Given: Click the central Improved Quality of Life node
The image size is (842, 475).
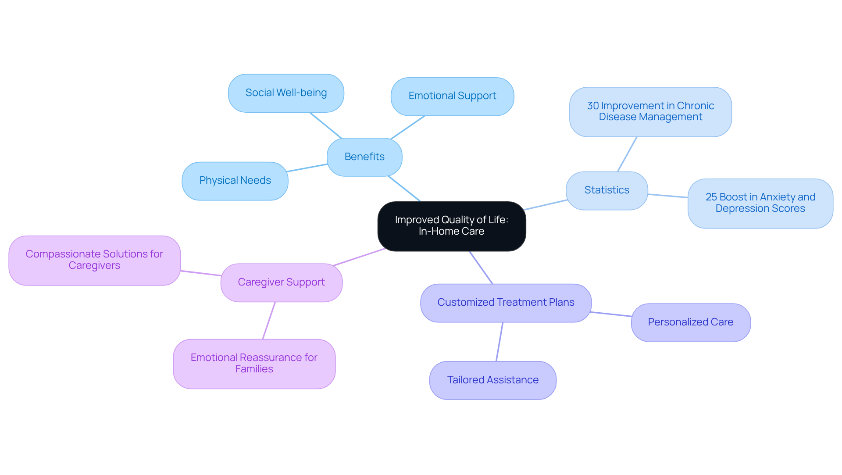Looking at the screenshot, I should click(451, 226).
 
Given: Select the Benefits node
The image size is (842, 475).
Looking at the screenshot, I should click(364, 157).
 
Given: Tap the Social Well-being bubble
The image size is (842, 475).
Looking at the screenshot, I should click(286, 93).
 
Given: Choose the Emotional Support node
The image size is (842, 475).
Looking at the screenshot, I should click(452, 96).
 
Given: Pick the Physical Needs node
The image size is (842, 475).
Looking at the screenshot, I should click(235, 181).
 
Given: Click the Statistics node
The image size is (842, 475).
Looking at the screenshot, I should click(607, 190).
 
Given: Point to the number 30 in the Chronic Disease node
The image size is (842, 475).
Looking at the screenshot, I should click(593, 106).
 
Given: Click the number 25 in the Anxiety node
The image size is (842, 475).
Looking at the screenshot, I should click(711, 197).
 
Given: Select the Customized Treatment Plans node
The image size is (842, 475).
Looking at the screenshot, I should click(506, 303).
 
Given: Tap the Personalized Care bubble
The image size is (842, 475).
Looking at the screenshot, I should click(691, 322).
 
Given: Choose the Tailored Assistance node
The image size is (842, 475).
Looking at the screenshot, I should click(493, 380).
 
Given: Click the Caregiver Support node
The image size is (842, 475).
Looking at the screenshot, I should click(281, 282).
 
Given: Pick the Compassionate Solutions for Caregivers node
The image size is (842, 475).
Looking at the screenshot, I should click(94, 260).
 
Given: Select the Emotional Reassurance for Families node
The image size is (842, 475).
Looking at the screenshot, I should click(254, 364).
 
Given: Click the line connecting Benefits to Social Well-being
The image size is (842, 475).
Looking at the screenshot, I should click(325, 125).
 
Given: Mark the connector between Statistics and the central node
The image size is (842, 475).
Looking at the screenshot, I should click(546, 205).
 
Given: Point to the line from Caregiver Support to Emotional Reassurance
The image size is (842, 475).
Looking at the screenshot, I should click(269, 321).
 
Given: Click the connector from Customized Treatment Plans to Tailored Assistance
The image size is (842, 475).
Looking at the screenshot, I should click(499, 342).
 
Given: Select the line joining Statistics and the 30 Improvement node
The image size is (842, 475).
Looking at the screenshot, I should click(627, 154).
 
